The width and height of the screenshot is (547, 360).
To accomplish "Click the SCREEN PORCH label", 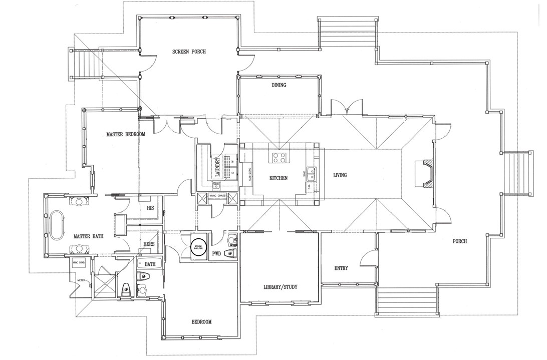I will point(189,52).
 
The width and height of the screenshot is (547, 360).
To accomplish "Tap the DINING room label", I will point(279,85).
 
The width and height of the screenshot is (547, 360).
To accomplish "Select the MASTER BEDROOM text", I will point(125,134).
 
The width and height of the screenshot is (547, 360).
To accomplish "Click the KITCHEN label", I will point(278,178).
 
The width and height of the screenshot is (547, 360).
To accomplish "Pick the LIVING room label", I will point(340,175).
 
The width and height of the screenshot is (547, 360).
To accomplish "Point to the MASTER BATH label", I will point(88,236).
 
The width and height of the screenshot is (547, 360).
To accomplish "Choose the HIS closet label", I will point(149,207).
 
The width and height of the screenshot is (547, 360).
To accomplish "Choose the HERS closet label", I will point(149,243).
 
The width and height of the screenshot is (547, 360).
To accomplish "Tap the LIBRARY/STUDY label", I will point(281,287).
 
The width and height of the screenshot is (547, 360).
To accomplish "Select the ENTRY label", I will point(341,268).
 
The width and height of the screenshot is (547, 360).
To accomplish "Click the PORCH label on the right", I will point(459,241).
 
